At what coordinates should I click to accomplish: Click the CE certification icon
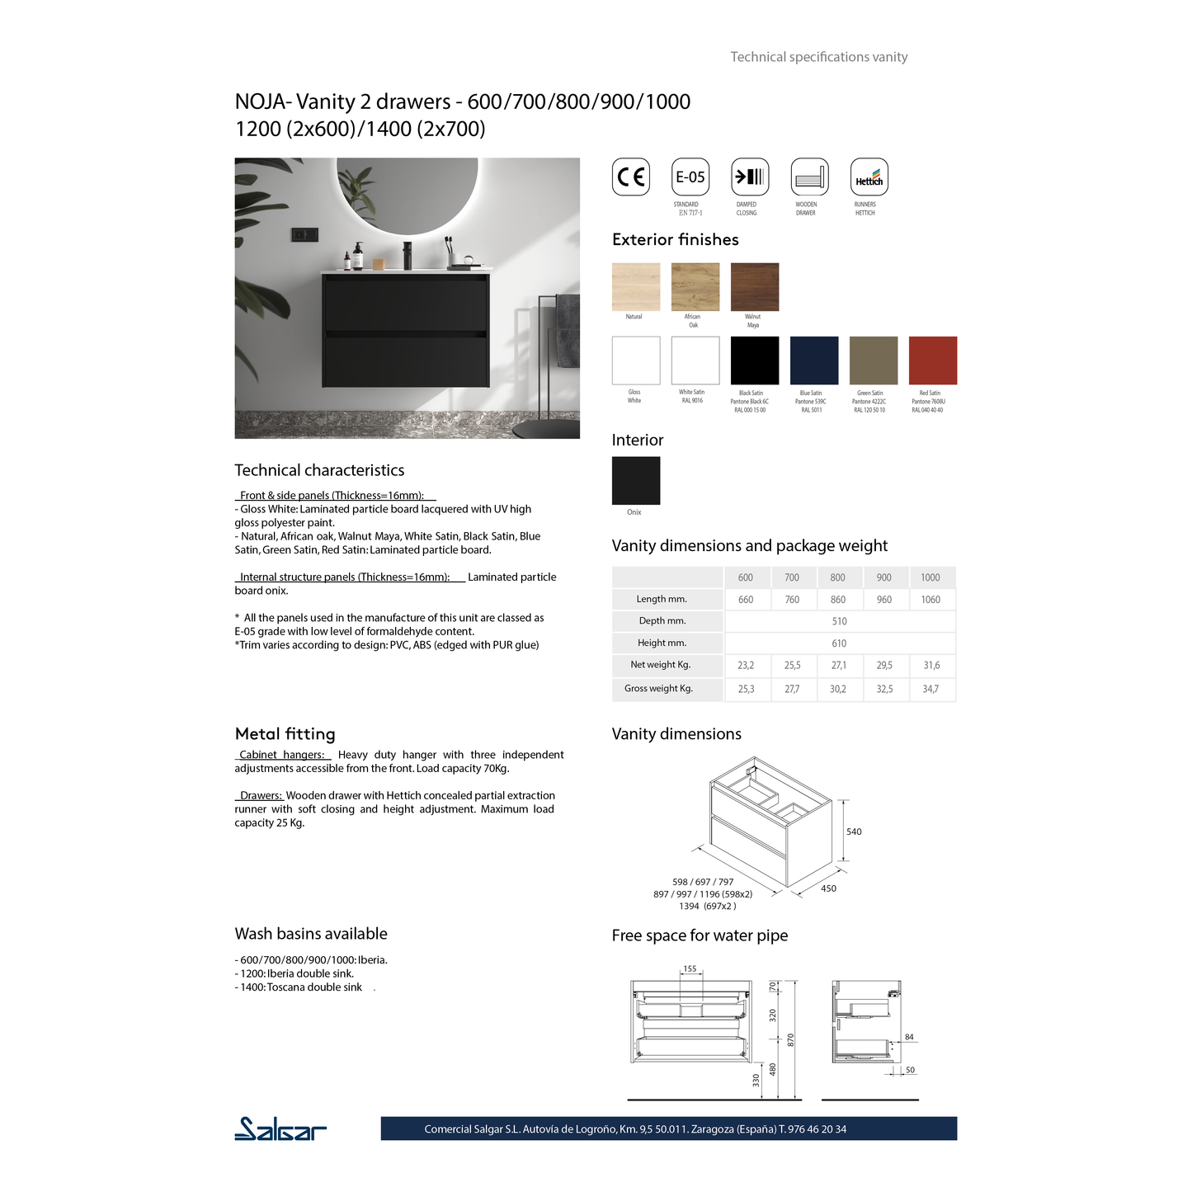coord(631,177)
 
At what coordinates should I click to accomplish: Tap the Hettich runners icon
coord(869,177)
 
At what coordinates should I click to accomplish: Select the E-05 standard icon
coord(690,177)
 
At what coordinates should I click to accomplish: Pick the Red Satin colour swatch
coord(932,360)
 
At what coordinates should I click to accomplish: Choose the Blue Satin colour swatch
coord(813,360)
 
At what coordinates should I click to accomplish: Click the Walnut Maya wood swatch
coord(754,287)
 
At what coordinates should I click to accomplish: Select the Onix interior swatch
coord(635,480)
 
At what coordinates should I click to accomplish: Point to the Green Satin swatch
coord(873,360)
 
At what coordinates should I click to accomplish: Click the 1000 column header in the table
coord(930,577)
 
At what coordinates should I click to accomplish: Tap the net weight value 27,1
coord(838,665)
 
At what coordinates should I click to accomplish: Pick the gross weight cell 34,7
coord(930,689)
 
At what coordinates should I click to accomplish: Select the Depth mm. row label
coord(662,621)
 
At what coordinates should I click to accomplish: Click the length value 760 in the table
coord(792,600)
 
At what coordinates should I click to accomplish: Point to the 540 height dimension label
coord(854,832)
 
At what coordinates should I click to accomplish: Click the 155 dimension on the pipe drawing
coord(690,969)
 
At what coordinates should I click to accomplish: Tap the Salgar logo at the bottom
coord(280,1128)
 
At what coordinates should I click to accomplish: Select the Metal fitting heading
coord(285,734)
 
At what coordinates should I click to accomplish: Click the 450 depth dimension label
coord(828,888)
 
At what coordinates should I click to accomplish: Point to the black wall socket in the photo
coord(304,235)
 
